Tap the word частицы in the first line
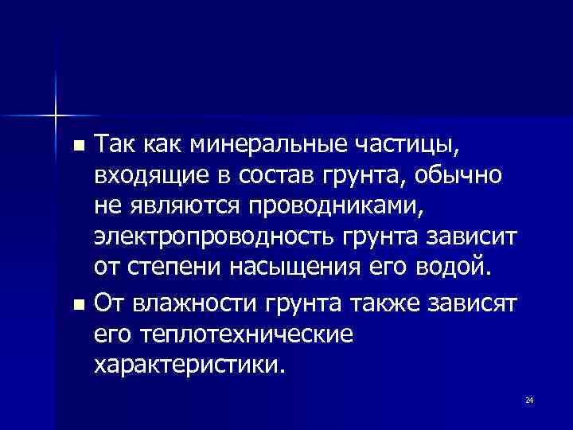414,146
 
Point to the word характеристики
187,365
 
